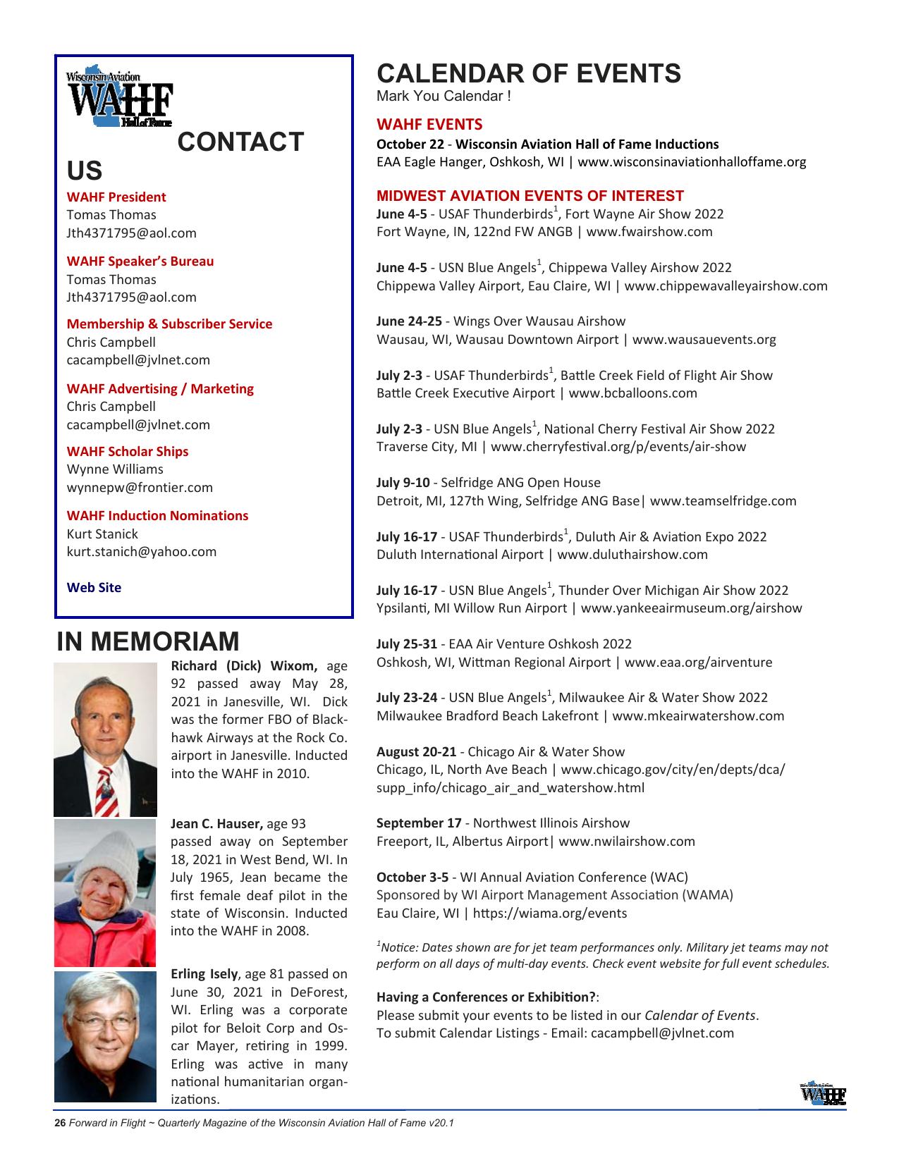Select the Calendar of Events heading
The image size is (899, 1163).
point(529,73)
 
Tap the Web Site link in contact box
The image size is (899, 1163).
point(94,587)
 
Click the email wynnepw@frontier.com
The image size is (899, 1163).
point(140,487)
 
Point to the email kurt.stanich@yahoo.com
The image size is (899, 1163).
point(141,551)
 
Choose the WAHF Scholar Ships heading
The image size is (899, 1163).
point(127,451)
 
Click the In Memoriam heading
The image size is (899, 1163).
point(148,641)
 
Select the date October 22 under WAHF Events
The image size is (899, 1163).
point(410,144)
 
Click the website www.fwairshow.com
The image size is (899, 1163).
point(649,232)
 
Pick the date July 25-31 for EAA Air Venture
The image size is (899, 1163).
point(407,644)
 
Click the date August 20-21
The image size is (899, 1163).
point(416,751)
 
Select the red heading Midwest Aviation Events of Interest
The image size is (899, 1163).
point(530,196)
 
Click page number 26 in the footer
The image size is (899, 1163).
point(60,1123)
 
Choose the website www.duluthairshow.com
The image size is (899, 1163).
point(632,554)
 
